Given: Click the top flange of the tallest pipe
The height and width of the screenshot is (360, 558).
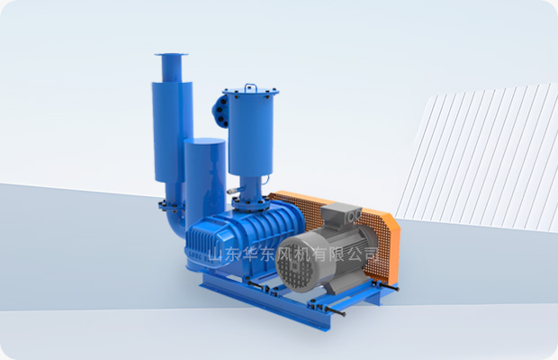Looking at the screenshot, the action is coord(171,54).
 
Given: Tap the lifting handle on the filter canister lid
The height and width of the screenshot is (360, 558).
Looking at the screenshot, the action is coord(251,85).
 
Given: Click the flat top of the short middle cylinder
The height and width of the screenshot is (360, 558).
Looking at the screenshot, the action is coord(205,141).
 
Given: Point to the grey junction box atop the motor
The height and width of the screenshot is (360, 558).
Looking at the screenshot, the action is coord(342,213).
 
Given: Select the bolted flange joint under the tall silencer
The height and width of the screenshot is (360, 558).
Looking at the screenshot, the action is coord(172,205).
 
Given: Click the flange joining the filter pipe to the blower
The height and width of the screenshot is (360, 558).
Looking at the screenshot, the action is coord(251,203).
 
